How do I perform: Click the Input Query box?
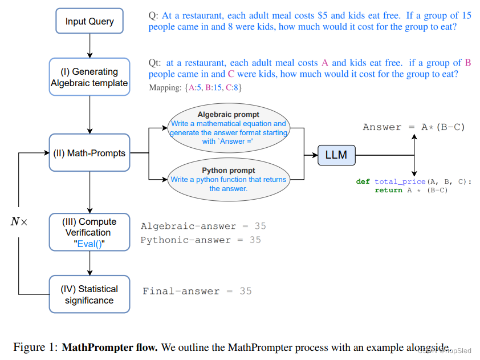pyautogui.click(x=89, y=21)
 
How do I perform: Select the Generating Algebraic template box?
pyautogui.click(x=90, y=77)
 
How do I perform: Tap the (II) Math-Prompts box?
pyautogui.click(x=90, y=153)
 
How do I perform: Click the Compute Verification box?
pyautogui.click(x=90, y=232)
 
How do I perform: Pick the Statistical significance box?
pyautogui.click(x=90, y=294)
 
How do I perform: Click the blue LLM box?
pyautogui.click(x=336, y=155)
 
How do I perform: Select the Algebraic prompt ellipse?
pyautogui.click(x=228, y=128)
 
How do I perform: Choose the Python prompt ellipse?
pyautogui.click(x=228, y=179)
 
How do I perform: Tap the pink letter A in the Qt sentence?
pyautogui.click(x=325, y=63)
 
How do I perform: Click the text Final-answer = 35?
pyautogui.click(x=197, y=291)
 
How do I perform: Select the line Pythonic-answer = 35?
pyautogui.click(x=201, y=240)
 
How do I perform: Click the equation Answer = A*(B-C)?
pyautogui.click(x=414, y=127)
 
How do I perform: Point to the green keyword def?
pyautogui.click(x=363, y=181)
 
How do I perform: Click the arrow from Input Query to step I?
pyautogui.click(x=90, y=45)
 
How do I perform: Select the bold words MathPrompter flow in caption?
pyautogui.click(x=109, y=347)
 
